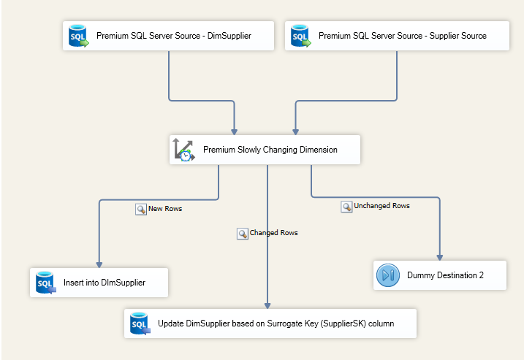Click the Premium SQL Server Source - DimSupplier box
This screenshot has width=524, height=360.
coord(168,36)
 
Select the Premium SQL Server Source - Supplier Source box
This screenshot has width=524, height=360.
coord(397,36)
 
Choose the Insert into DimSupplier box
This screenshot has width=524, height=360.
coord(99,283)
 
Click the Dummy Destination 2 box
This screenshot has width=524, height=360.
coord(439,275)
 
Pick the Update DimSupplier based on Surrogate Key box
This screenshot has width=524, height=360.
coord(270,323)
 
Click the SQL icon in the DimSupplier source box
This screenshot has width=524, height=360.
coord(78,36)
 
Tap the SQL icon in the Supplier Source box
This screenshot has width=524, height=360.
coord(300,36)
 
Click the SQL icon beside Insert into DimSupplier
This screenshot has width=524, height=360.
coord(45,283)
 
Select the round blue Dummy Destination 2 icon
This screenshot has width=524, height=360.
coord(387,275)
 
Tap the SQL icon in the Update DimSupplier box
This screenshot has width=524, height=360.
coord(139,323)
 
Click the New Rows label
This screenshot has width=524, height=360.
coord(164,209)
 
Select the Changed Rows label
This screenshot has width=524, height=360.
coord(273,233)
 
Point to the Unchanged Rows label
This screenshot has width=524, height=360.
coord(381,206)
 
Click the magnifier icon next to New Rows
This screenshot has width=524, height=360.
coord(140,209)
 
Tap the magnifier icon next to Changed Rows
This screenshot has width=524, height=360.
coord(242,234)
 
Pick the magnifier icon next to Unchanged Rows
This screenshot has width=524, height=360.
coord(346,207)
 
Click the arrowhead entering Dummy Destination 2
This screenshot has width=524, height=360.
coord(439,256)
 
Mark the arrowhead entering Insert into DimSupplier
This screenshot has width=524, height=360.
coord(99,264)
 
